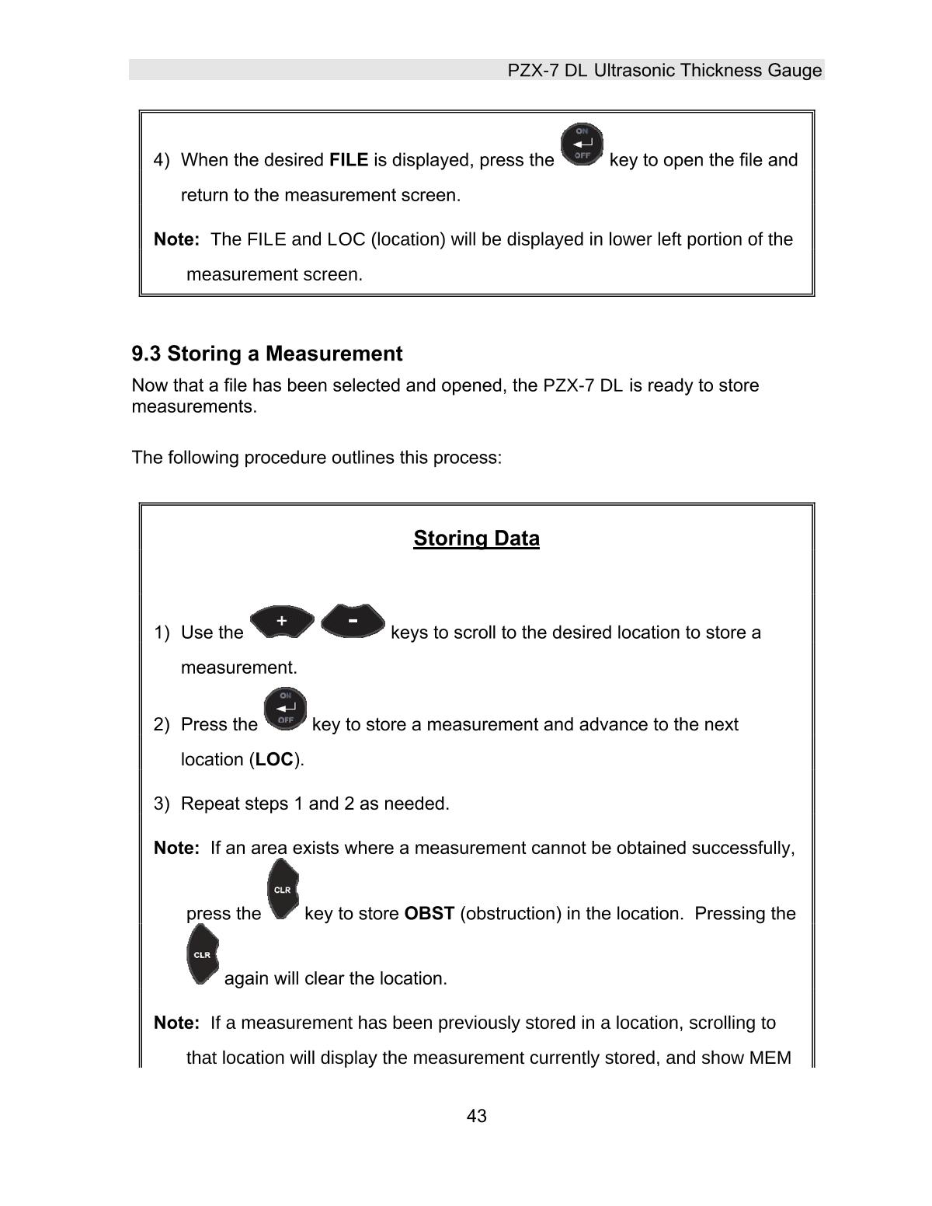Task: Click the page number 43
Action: pos(476,1116)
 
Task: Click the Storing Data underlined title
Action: pos(476,539)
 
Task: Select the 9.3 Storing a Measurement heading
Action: pos(266,354)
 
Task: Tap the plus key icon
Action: pos(283,621)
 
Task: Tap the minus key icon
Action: pos(353,621)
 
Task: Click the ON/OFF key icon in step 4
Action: pos(582,145)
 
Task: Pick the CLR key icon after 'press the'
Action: pos(283,890)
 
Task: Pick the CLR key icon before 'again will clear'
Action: pos(202,954)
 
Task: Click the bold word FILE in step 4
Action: pos(349,160)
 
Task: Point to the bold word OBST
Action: pos(429,914)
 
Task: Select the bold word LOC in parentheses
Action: pos(274,760)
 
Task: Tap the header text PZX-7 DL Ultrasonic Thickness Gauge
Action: pos(664,71)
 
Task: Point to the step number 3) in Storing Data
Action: pos(162,803)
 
